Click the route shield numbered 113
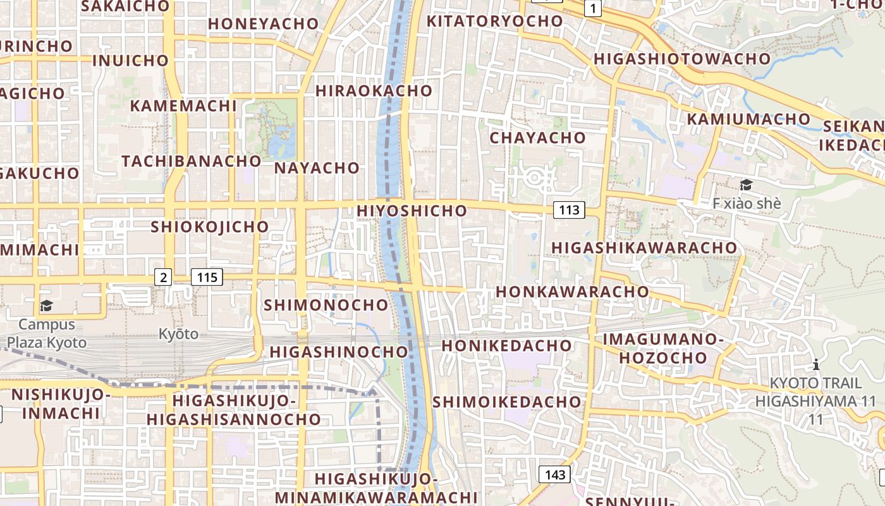coord(569,210)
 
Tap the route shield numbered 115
coord(207,276)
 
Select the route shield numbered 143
coord(555,474)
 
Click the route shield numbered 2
coord(164,276)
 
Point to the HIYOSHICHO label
coord(412,211)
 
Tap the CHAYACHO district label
coord(538,137)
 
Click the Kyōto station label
coord(178,334)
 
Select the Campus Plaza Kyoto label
coord(47,333)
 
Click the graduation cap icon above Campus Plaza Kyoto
coord(46,307)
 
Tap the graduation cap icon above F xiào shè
coord(746,185)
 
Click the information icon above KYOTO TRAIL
coord(816,365)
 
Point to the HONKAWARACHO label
coord(572,292)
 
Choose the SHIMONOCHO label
coord(326,305)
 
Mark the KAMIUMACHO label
coord(748,119)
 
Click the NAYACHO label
coord(317,168)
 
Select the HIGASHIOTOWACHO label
coord(683,59)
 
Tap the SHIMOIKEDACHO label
coord(506,402)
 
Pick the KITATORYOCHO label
coord(494,21)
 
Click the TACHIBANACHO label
coord(192,161)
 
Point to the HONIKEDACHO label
coord(506,346)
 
